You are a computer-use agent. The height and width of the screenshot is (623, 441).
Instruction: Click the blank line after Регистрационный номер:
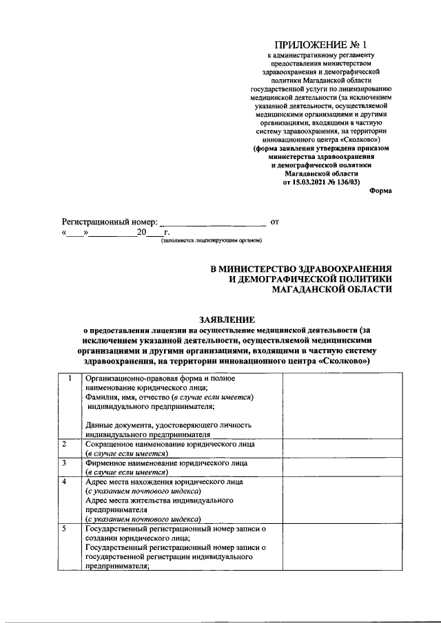point(212,223)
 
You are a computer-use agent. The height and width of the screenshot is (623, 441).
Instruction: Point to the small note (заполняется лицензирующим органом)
point(211,240)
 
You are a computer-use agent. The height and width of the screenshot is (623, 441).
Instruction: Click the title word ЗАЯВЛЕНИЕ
point(227,319)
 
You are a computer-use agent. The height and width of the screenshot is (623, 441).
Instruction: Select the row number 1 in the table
point(70,379)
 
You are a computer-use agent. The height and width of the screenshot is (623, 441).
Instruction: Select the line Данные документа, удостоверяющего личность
point(168,425)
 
